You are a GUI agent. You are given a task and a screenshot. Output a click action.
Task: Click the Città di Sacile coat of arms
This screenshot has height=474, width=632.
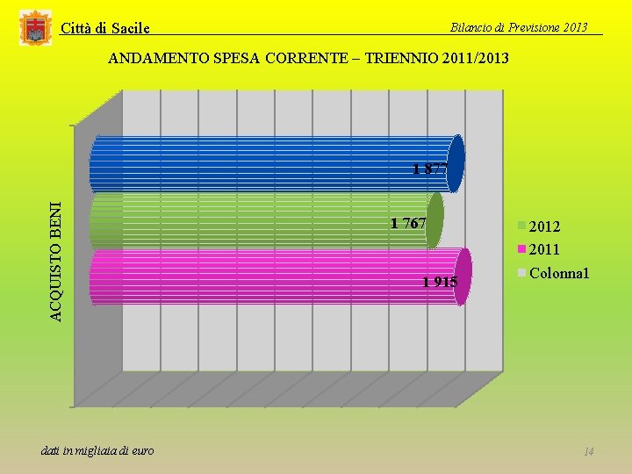coord(35,28)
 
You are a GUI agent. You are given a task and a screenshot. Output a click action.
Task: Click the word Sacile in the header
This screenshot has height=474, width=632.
coord(131,28)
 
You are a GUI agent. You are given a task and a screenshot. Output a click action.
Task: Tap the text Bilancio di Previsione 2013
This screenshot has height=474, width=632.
coord(519,27)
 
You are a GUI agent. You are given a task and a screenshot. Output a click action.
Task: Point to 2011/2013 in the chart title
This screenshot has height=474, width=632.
coord(475,58)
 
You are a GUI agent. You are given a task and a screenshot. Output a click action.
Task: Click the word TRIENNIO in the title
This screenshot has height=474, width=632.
coord(401,58)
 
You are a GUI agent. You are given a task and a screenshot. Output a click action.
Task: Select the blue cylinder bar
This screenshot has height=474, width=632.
coord(276,163)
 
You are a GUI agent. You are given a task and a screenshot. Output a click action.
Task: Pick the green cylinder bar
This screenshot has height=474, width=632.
coord(267,221)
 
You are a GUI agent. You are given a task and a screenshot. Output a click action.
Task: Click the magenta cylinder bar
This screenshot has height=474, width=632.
coord(281,276)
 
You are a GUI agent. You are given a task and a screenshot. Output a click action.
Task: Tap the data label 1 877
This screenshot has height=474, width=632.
coord(430,169)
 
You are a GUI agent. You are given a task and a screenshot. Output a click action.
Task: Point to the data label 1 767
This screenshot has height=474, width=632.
coord(408,223)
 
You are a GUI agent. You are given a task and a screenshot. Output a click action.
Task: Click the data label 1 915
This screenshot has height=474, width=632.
coord(440,282)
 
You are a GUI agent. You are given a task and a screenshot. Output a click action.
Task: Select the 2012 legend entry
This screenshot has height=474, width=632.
coord(539,226)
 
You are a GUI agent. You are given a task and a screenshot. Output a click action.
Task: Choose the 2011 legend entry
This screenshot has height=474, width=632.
coord(538,249)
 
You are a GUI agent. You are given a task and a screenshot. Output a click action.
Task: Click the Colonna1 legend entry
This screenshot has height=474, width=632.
coord(553,273)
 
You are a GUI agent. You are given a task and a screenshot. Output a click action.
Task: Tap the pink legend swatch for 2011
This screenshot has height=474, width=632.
coord(522,249)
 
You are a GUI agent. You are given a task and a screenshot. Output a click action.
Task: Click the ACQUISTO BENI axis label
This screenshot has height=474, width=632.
coord(57,262)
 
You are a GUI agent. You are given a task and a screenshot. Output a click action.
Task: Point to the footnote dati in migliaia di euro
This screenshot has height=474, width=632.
coord(97,450)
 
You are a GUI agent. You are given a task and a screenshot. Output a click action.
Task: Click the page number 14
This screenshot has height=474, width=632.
coord(588,451)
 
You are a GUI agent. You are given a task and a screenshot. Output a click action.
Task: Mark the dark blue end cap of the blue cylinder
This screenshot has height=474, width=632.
coord(456,163)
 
